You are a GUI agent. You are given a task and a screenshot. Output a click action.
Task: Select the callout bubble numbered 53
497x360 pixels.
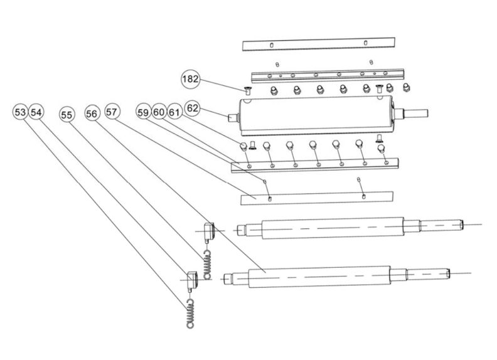point(21,112)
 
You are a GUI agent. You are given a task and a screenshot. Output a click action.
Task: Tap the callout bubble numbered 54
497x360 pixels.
point(36,112)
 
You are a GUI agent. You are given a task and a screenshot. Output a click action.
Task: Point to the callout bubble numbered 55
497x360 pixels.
point(67,114)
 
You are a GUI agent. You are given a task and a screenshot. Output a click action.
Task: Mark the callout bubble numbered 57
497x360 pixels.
point(112,112)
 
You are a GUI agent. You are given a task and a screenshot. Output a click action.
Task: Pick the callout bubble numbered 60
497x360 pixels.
point(159,112)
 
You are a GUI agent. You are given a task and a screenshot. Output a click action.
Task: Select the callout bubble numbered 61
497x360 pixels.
point(174,112)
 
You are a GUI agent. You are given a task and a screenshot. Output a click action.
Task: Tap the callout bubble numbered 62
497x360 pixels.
point(192,108)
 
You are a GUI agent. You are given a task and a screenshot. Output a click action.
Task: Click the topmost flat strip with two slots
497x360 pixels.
point(319,45)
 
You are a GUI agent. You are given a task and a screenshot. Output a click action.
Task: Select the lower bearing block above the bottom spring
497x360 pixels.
point(193,278)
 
